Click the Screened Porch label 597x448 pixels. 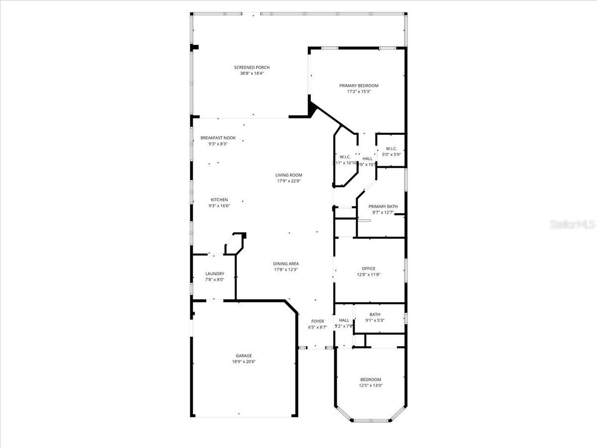(252, 68)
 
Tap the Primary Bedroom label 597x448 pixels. (359, 86)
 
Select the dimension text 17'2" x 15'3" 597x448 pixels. (359, 92)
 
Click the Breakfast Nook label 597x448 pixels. (218, 138)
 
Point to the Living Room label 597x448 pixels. (289, 175)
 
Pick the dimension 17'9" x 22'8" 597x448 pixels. (289, 181)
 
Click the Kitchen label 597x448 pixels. (219, 200)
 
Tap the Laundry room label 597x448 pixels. (215, 274)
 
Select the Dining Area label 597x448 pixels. (286, 264)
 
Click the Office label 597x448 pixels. (369, 269)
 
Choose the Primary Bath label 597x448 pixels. (383, 207)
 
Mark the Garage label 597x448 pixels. (244, 356)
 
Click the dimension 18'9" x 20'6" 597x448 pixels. (244, 362)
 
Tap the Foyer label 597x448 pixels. (317, 321)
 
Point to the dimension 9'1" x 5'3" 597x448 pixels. (375, 321)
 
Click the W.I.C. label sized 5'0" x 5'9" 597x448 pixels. (391, 148)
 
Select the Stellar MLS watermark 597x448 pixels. (572, 225)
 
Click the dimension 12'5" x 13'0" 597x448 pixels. (371, 385)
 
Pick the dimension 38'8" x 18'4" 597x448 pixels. (252, 74)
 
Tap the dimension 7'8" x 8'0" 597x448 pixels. (215, 280)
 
